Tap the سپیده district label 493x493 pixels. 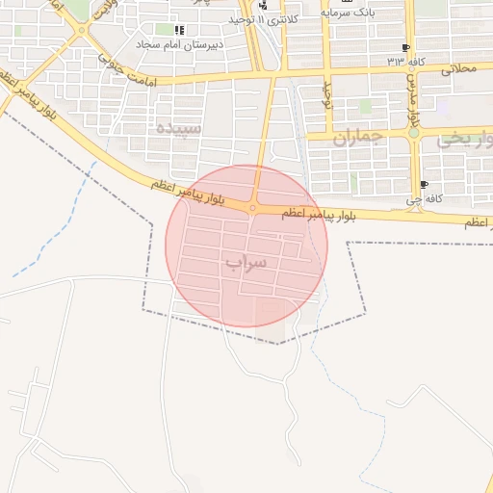180,128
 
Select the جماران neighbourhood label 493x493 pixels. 358,138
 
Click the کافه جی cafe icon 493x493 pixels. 425,184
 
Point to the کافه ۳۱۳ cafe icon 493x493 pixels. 405,47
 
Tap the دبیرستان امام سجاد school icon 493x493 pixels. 180,30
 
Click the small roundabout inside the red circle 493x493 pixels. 252,207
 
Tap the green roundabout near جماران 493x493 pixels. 414,134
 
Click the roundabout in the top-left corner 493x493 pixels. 81,30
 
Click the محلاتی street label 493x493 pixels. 458,70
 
